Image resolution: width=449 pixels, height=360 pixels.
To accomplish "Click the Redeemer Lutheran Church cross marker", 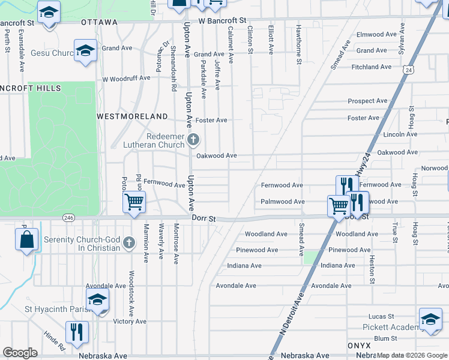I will point(193,140).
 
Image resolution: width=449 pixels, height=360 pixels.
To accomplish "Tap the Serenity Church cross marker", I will point(128,243).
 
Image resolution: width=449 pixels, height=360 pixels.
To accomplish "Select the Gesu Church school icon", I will point(86,50).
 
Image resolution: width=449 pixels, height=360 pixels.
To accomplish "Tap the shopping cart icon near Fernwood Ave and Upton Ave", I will point(134,202).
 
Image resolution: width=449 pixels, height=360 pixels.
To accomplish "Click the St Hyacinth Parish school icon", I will point(97,299).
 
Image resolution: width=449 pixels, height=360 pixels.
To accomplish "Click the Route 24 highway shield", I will point(409,70).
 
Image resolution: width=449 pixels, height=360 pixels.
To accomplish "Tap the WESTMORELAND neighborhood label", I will point(133,115).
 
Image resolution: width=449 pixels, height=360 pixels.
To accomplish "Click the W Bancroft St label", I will point(223,20).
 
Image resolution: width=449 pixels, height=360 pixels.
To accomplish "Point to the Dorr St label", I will point(203,219).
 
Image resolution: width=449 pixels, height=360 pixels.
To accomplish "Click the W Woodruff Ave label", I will point(126,79).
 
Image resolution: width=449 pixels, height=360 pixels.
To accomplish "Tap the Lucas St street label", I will point(381,316).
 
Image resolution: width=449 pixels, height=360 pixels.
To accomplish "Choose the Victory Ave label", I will point(130,322).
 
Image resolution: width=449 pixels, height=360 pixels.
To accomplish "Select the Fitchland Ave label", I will point(372,67).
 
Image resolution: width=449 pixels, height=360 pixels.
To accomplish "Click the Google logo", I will point(20,353).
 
